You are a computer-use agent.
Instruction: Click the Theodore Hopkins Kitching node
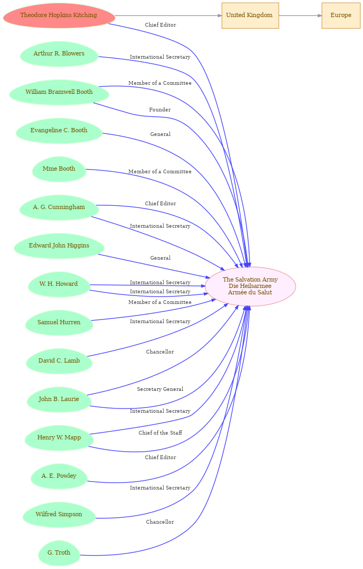59,15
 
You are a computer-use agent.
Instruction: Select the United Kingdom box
250,15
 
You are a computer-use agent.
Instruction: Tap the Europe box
341,15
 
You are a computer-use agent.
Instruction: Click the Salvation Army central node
250,286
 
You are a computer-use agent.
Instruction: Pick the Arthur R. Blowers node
59,54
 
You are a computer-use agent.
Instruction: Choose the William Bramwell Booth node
59,92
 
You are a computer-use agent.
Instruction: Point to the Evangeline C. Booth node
59,131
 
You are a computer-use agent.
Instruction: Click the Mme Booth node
59,169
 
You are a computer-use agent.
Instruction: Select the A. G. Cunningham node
59,207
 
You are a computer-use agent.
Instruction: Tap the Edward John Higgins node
59,246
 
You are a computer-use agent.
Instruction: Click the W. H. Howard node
59,285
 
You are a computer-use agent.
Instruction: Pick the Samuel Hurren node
59,323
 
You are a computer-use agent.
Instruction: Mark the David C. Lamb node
59,361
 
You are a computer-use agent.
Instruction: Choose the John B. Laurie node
59,399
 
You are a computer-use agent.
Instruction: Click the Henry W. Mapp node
59,438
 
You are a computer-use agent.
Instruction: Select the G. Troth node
59,553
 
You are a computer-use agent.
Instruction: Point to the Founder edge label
160,110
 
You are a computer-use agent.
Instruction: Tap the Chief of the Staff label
160,433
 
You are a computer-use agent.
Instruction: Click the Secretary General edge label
160,389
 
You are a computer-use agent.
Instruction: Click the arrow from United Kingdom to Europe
300,15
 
